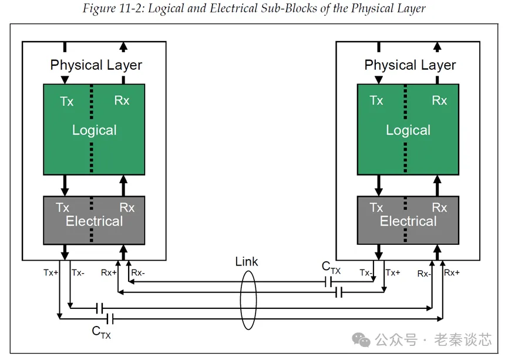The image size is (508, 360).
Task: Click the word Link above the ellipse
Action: click(x=246, y=261)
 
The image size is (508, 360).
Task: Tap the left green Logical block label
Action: click(x=94, y=130)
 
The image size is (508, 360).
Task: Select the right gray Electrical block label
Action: click(x=408, y=221)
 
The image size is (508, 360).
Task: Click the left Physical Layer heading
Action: click(x=96, y=65)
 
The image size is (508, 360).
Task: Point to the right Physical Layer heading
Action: click(x=410, y=65)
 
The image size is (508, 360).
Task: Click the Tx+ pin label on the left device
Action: click(x=51, y=272)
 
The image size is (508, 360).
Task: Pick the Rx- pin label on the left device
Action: click(x=138, y=272)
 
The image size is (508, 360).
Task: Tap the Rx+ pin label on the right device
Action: click(x=452, y=272)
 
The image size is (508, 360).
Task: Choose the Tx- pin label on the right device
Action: click(x=365, y=272)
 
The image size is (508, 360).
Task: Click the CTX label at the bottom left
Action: click(x=101, y=332)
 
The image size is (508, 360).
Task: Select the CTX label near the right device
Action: click(x=331, y=267)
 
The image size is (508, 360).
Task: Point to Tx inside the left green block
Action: click(x=67, y=102)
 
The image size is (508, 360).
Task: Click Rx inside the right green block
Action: click(x=439, y=100)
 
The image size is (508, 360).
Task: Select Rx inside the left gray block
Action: click(x=127, y=207)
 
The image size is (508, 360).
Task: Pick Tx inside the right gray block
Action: click(x=376, y=207)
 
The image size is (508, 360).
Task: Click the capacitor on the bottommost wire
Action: click(x=109, y=318)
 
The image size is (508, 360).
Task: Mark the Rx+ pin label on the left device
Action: click(x=109, y=272)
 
